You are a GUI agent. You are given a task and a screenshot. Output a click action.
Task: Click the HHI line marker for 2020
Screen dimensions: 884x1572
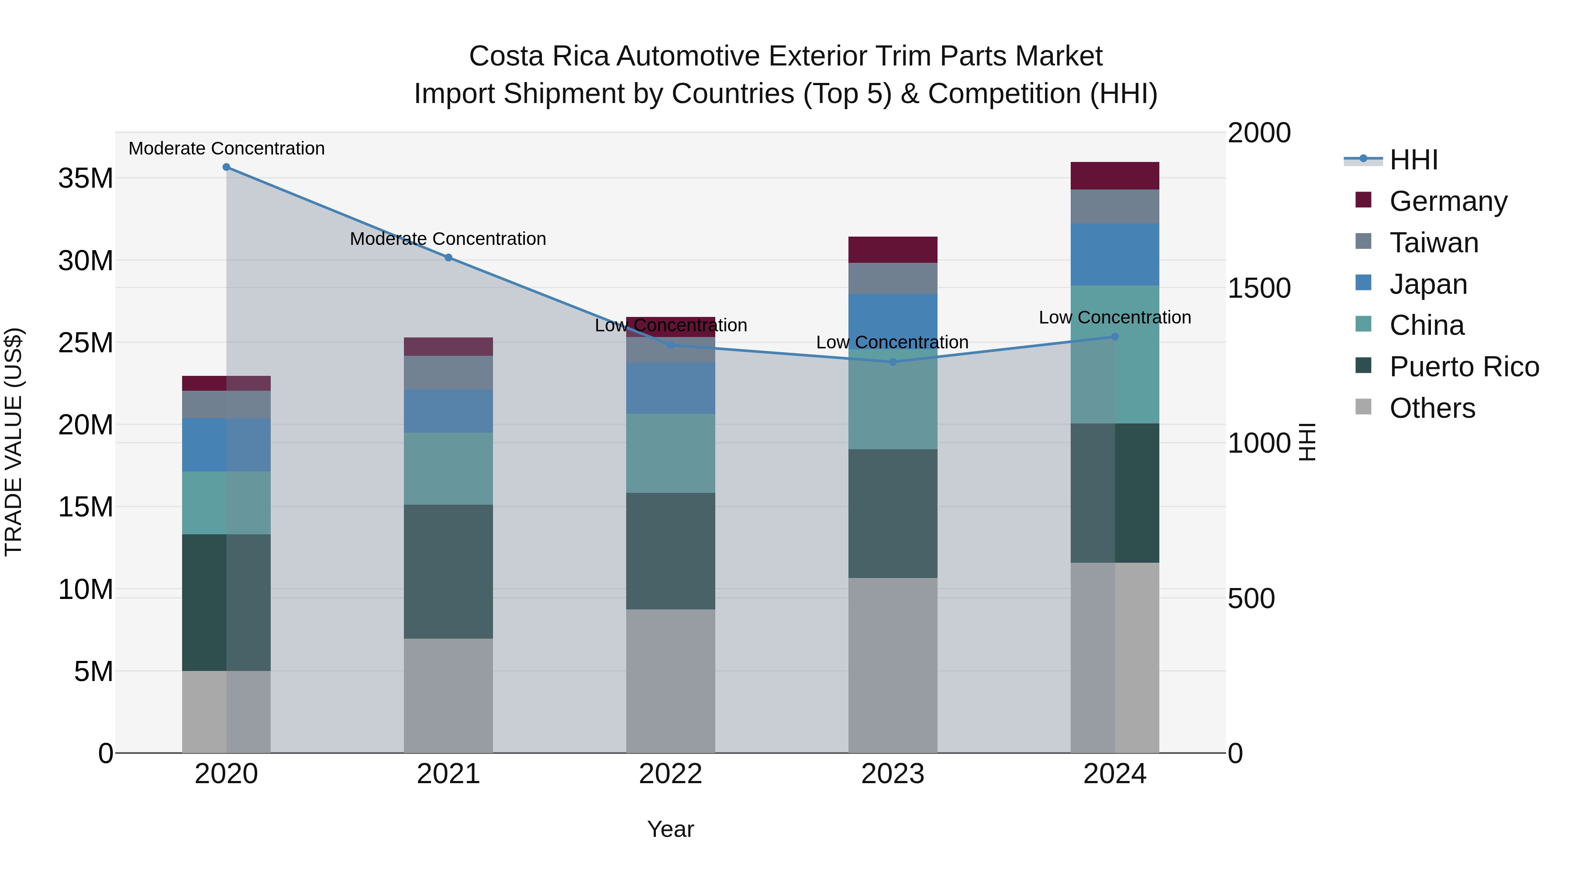tap(226, 167)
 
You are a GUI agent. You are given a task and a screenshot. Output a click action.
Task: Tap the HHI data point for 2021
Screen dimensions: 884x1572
tap(448, 258)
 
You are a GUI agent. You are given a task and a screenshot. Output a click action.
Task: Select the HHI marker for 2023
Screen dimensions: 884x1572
tap(893, 362)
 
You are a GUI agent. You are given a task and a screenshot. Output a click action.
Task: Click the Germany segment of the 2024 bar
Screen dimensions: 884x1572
tap(1115, 175)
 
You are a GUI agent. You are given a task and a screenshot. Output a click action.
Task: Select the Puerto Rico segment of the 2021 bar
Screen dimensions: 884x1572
tap(448, 571)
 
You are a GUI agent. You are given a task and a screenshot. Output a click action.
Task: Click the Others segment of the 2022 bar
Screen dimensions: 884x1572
tap(671, 681)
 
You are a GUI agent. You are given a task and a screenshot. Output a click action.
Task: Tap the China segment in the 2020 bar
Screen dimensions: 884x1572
tap(226, 503)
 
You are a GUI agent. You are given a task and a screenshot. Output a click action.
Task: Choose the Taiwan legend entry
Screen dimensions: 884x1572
tap(1434, 243)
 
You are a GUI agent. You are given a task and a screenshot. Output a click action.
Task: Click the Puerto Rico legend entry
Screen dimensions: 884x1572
tap(1464, 367)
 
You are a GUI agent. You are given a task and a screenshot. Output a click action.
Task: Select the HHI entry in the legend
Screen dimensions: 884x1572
tap(1413, 160)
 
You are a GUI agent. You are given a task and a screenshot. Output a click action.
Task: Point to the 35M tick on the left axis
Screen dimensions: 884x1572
tap(86, 179)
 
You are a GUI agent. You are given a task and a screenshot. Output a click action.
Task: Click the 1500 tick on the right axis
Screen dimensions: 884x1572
tap(1258, 289)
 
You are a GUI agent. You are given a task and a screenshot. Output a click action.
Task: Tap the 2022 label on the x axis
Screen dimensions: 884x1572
tap(671, 774)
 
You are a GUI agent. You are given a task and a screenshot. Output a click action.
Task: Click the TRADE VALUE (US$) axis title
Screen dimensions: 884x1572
tap(14, 442)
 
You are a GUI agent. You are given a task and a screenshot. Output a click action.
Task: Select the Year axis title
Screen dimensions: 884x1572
tap(671, 829)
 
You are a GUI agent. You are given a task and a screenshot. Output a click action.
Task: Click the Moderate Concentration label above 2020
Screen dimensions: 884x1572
tap(226, 148)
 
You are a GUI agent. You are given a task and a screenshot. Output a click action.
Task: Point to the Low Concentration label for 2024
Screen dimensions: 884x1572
tap(1115, 317)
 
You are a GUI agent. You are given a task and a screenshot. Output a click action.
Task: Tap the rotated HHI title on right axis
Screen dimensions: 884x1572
tap(1307, 442)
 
